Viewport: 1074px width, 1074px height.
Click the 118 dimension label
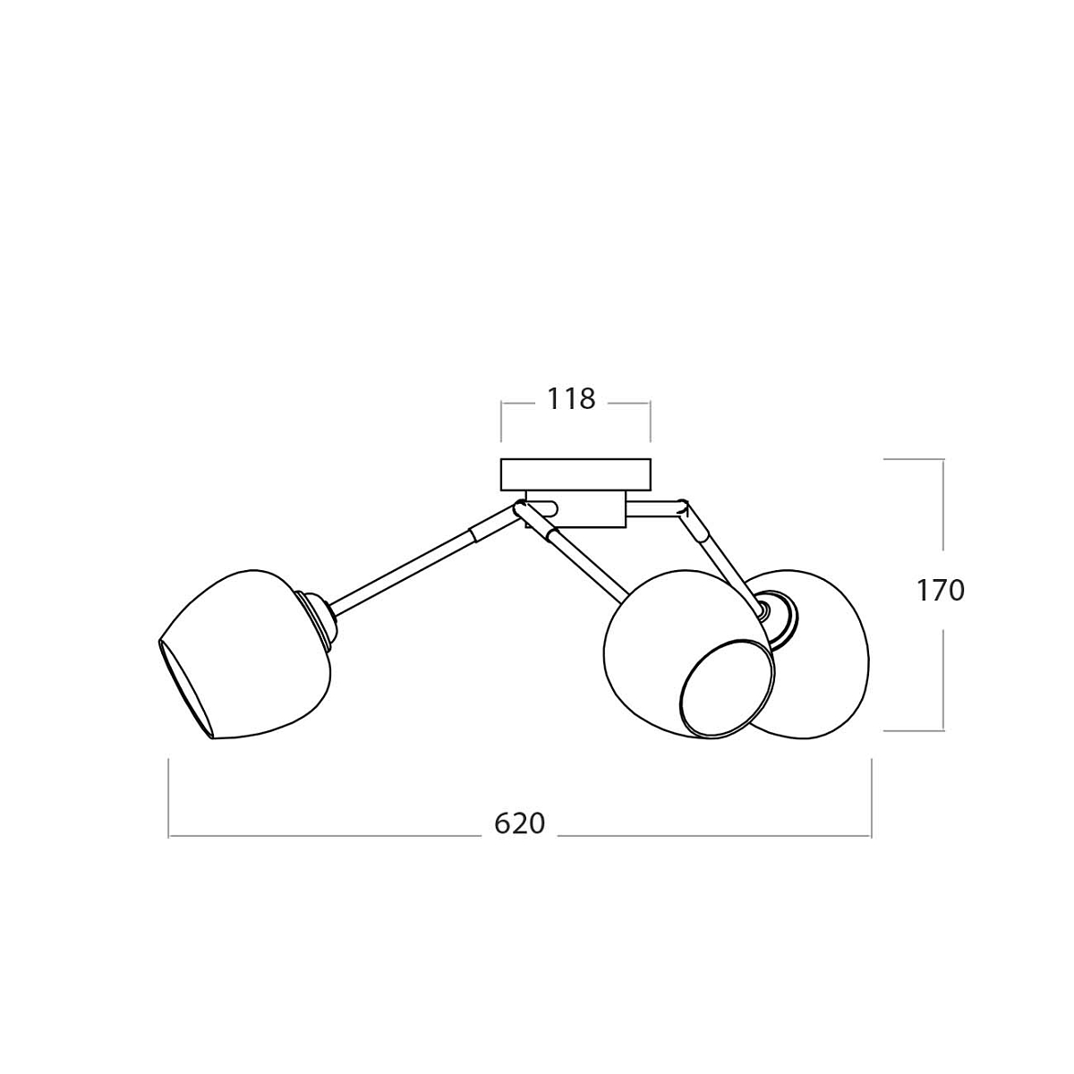(571, 399)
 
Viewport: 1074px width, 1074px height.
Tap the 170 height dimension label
(941, 591)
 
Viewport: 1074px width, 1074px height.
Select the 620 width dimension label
(519, 824)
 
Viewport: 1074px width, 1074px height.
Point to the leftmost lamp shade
(244, 654)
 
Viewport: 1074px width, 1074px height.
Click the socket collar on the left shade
(317, 618)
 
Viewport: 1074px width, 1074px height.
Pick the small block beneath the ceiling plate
(575, 509)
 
